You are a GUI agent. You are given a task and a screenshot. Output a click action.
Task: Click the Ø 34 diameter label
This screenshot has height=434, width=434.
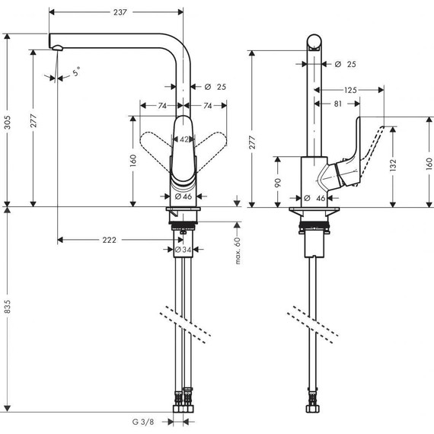[183, 249]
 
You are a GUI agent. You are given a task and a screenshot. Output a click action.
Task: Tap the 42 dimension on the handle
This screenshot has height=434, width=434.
[183, 139]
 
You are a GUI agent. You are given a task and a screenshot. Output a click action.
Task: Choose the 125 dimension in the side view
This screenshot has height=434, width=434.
[350, 91]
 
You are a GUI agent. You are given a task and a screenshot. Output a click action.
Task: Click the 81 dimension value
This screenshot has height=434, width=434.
[337, 103]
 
